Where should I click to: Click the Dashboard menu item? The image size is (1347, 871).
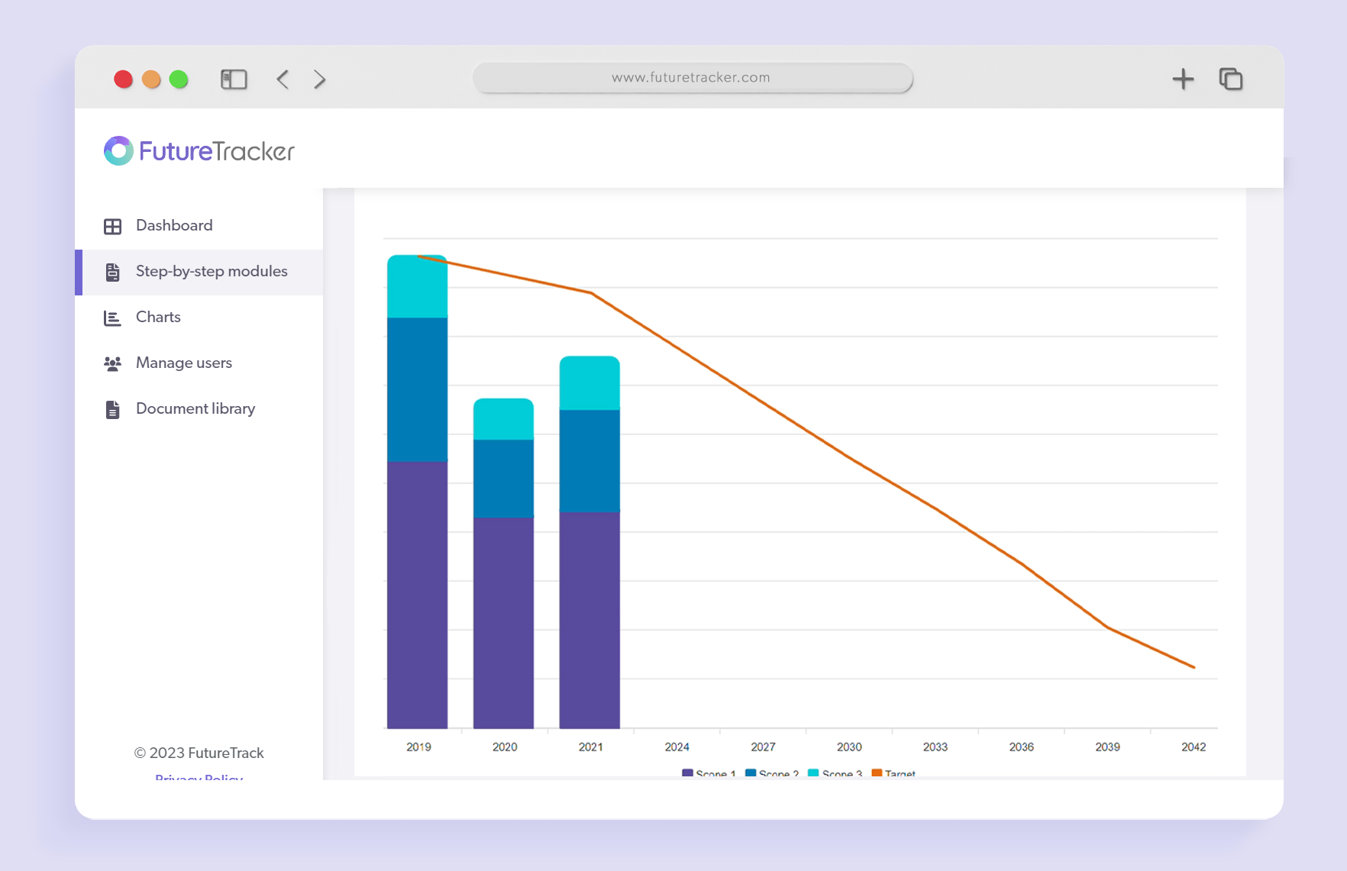[x=173, y=226]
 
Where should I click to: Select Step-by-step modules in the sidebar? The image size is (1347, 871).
[x=211, y=272]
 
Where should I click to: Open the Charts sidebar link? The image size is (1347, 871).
[x=157, y=318]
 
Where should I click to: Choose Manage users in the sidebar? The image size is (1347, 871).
[x=183, y=363]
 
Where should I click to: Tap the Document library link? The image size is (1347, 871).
[x=195, y=409]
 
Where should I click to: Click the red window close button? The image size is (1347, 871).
[x=124, y=79]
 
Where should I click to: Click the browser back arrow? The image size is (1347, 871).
[x=283, y=79]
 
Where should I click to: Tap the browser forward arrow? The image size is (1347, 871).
[x=319, y=79]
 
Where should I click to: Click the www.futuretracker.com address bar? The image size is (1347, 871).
[x=692, y=78]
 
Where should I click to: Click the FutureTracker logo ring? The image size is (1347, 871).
[x=118, y=151]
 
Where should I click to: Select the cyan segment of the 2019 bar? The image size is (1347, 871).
[x=417, y=287]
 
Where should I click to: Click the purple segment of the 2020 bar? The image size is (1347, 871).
[x=503, y=622]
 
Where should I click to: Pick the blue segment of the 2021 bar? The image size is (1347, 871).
[x=590, y=460]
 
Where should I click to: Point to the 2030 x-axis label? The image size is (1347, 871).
[x=849, y=747]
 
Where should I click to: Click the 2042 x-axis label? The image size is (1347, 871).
[x=1194, y=747]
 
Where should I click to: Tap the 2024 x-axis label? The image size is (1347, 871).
[x=677, y=747]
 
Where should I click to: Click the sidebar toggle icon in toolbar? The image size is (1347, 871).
[x=234, y=79]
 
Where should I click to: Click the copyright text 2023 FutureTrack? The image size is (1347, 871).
[x=199, y=753]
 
